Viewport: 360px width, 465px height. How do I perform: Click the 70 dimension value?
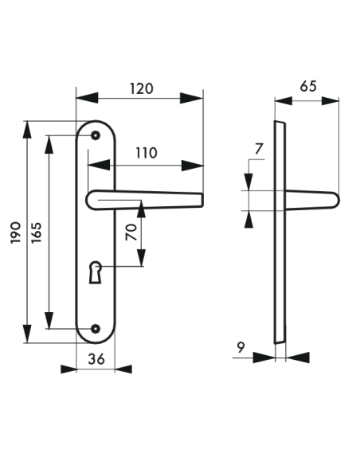click(x=131, y=232)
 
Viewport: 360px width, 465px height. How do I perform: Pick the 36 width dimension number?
click(x=96, y=359)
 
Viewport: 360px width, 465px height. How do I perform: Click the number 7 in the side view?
click(x=258, y=148)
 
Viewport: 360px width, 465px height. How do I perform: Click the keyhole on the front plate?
click(x=96, y=271)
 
